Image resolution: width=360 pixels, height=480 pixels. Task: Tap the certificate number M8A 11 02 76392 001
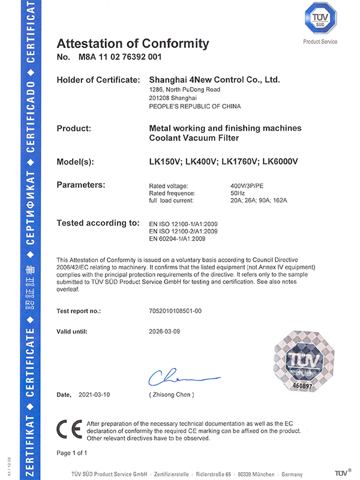point(119,58)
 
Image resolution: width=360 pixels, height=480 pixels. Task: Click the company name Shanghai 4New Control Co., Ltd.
point(214,79)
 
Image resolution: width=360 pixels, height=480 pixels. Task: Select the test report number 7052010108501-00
point(179,311)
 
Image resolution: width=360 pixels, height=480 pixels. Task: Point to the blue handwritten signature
point(180,377)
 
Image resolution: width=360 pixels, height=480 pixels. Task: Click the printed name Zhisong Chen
point(171,394)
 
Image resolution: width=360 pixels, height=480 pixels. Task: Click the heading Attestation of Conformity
point(133,43)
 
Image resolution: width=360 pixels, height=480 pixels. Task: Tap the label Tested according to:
point(98,223)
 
